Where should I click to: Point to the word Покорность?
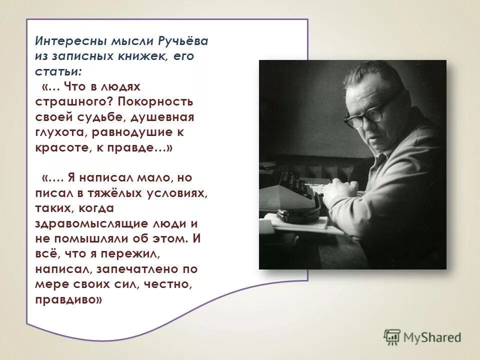click(156, 102)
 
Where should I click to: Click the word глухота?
click(61, 132)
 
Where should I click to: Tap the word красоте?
click(60, 148)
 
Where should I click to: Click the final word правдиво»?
click(69, 300)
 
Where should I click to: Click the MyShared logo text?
click(431, 337)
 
